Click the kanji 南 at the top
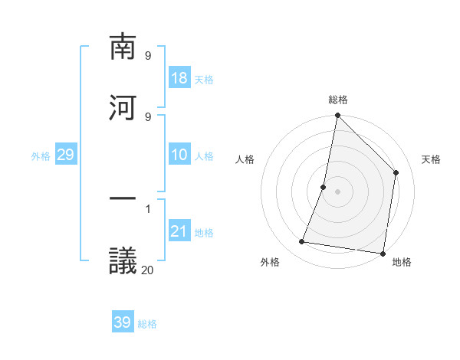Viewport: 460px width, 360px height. click(123, 47)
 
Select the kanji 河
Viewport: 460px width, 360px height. click(123, 108)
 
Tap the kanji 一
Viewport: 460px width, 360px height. click(123, 200)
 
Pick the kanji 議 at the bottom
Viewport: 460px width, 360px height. click(123, 260)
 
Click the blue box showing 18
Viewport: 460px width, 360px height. click(179, 78)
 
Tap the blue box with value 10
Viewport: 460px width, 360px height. click(179, 155)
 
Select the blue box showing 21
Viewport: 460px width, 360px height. click(179, 231)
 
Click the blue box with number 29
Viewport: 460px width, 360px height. click(65, 155)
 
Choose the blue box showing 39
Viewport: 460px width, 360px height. click(123, 322)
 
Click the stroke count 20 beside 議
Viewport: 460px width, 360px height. click(147, 269)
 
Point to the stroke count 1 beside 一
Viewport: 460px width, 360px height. click(147, 208)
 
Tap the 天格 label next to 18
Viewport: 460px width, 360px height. click(204, 80)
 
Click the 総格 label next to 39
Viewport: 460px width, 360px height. click(147, 324)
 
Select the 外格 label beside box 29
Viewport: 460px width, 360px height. click(41, 156)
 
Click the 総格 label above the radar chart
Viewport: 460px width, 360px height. click(338, 100)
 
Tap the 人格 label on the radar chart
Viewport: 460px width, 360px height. click(245, 159)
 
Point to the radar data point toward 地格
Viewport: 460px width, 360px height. click(383, 253)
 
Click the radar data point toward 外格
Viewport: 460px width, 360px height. click(302, 242)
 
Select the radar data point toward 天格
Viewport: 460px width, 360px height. click(396, 172)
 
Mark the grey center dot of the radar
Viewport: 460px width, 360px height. click(338, 191)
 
